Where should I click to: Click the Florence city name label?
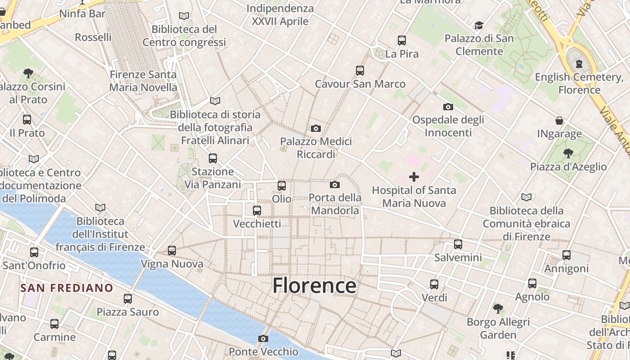pyautogui.click(x=314, y=286)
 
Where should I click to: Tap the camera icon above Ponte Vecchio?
pyautogui.click(x=263, y=338)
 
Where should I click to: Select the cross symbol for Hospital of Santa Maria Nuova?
pyautogui.click(x=414, y=177)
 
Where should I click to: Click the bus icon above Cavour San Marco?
pyautogui.click(x=360, y=70)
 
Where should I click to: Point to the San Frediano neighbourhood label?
pyautogui.click(x=67, y=288)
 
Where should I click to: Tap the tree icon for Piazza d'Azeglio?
pyautogui.click(x=568, y=153)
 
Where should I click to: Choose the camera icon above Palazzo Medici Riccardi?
pyautogui.click(x=316, y=129)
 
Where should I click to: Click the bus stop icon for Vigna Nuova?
pyautogui.click(x=171, y=251)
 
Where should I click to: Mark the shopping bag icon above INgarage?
pyautogui.click(x=559, y=121)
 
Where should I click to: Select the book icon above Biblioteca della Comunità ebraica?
pyautogui.click(x=526, y=197)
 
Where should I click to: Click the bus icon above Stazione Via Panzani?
pyautogui.click(x=213, y=158)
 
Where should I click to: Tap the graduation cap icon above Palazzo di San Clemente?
pyautogui.click(x=479, y=25)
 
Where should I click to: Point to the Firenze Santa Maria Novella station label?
pyautogui.click(x=143, y=81)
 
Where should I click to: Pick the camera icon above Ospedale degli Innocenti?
pyautogui.click(x=448, y=107)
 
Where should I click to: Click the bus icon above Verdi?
pyautogui.click(x=434, y=284)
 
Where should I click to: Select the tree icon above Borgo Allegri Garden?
pyautogui.click(x=498, y=309)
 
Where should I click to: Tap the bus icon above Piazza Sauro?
pyautogui.click(x=128, y=299)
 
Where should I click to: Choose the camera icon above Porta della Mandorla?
pyautogui.click(x=334, y=184)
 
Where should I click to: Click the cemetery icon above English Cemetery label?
pyautogui.click(x=579, y=64)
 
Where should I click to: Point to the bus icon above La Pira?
pyautogui.click(x=402, y=40)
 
